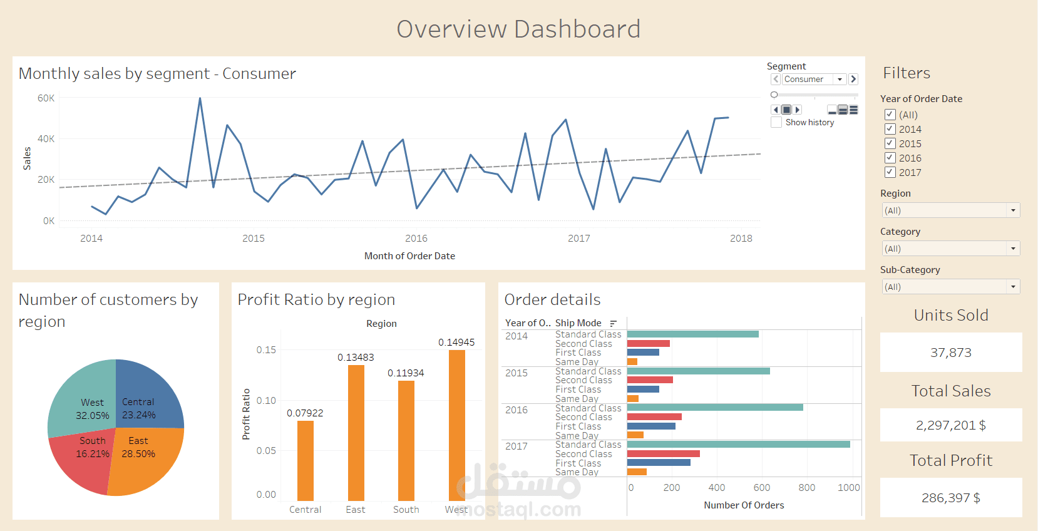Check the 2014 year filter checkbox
890,129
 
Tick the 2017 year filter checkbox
890,172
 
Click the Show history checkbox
776,123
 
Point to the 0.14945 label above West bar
456,343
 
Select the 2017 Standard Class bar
738,445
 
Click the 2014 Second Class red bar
648,344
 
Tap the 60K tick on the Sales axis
46,98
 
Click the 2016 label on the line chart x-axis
416,239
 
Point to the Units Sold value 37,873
950,353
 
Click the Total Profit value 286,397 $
950,498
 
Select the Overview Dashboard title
518,29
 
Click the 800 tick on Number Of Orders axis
806,488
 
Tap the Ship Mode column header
578,323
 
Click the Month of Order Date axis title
409,256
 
